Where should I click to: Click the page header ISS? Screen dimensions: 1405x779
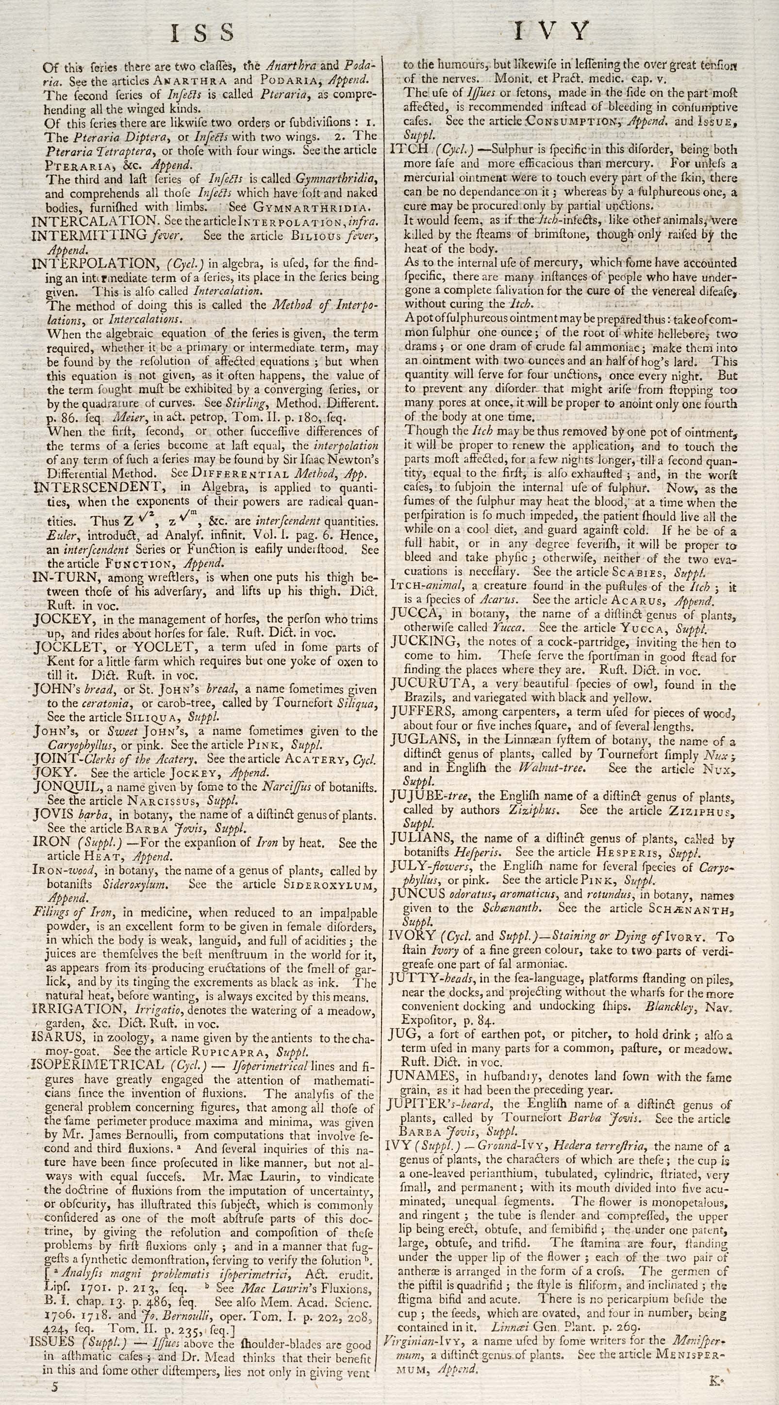point(202,33)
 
